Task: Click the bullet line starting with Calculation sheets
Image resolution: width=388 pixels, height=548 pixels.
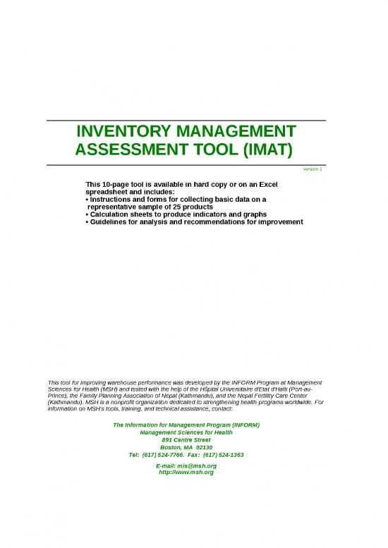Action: (176, 214)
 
